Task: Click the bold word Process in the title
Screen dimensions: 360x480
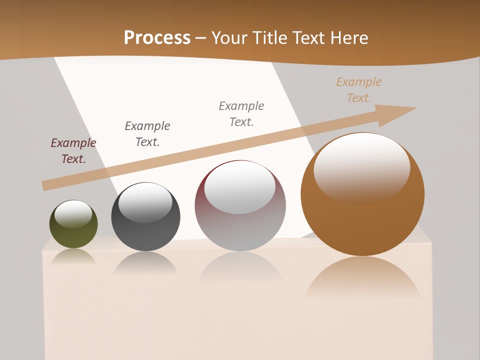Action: coord(157,37)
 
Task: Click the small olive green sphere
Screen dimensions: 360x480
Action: coord(73,235)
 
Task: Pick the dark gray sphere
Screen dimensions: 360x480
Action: coord(145,235)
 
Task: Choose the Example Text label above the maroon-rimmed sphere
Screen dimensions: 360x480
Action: coord(241,114)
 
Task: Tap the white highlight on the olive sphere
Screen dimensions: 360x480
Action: coord(73,214)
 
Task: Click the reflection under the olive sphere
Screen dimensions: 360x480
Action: coord(73,256)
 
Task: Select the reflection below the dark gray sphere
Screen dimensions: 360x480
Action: coord(145,262)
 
